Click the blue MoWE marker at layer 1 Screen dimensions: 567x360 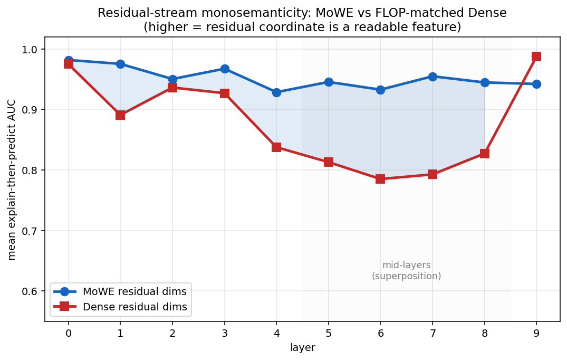[120, 64]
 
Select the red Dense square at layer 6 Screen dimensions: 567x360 [380, 179]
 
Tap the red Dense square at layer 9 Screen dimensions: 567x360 [536, 56]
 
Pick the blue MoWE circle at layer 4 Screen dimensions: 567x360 [276, 92]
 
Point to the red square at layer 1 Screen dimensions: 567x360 [120, 116]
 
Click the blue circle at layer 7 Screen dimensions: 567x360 [433, 77]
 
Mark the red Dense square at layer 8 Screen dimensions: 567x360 [485, 154]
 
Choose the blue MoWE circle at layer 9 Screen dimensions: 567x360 [536, 84]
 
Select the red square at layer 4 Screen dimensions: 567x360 [276, 147]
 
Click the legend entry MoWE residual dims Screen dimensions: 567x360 [120, 291]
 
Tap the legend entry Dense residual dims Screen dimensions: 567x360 [120, 307]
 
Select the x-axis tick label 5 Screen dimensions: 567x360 [329, 333]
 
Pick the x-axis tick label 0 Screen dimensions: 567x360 [69, 333]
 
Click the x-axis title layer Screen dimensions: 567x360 [303, 348]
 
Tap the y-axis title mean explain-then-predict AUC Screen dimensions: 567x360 [12, 179]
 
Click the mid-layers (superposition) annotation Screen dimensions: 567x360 [407, 271]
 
